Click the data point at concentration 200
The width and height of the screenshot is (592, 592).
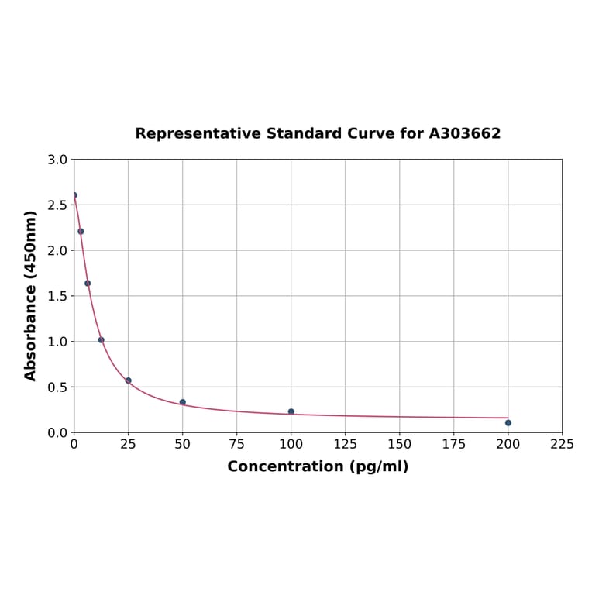(508, 422)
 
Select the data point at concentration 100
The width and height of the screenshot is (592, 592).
(291, 411)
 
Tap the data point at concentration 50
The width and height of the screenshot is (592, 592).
(182, 402)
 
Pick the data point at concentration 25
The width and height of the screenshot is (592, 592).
(128, 380)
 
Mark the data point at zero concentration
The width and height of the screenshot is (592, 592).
(74, 195)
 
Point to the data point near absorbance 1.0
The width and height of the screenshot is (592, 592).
(101, 339)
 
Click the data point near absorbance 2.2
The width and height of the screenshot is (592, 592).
(81, 231)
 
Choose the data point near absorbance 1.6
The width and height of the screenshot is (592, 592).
(88, 283)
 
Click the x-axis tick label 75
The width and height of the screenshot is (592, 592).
(236, 445)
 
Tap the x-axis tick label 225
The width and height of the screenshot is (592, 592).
(562, 445)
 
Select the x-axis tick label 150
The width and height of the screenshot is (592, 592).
(399, 445)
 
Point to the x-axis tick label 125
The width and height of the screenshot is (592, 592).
(345, 445)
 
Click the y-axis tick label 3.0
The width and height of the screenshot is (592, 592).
(57, 160)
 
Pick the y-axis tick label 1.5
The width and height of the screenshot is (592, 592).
(57, 296)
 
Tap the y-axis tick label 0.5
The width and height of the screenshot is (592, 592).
(57, 387)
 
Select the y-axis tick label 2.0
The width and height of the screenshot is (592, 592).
(57, 250)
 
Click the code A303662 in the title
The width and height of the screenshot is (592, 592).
(465, 133)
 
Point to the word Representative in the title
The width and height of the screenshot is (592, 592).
(198, 133)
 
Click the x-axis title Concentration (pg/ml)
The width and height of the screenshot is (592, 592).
(318, 466)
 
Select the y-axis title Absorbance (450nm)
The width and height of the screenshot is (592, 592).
(31, 295)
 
